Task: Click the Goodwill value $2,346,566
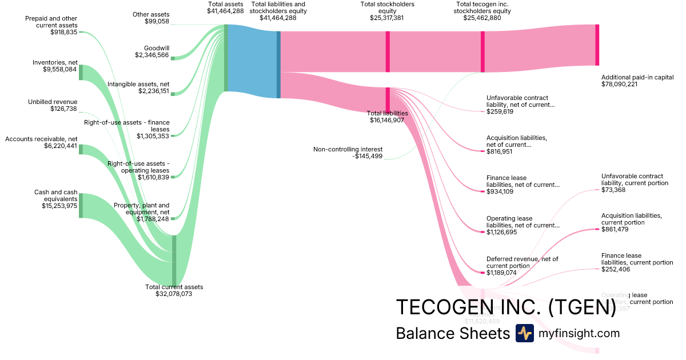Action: point(152,55)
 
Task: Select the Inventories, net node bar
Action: point(81,73)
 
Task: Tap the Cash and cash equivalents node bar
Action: point(81,206)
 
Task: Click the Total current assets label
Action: point(174,287)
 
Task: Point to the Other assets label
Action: point(151,14)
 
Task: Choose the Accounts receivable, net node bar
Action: point(81,149)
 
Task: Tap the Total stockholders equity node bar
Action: point(388,51)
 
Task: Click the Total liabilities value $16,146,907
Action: point(387,121)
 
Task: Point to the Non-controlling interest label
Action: point(348,149)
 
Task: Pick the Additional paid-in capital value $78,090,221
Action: point(627,84)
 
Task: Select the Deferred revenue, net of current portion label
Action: point(522,262)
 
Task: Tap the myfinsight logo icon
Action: point(524,333)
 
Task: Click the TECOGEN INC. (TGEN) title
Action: point(505,307)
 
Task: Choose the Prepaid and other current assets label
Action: point(51,22)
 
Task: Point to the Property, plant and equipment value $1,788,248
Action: point(153,219)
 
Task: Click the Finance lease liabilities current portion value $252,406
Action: point(616,269)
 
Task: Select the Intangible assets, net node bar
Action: point(173,93)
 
